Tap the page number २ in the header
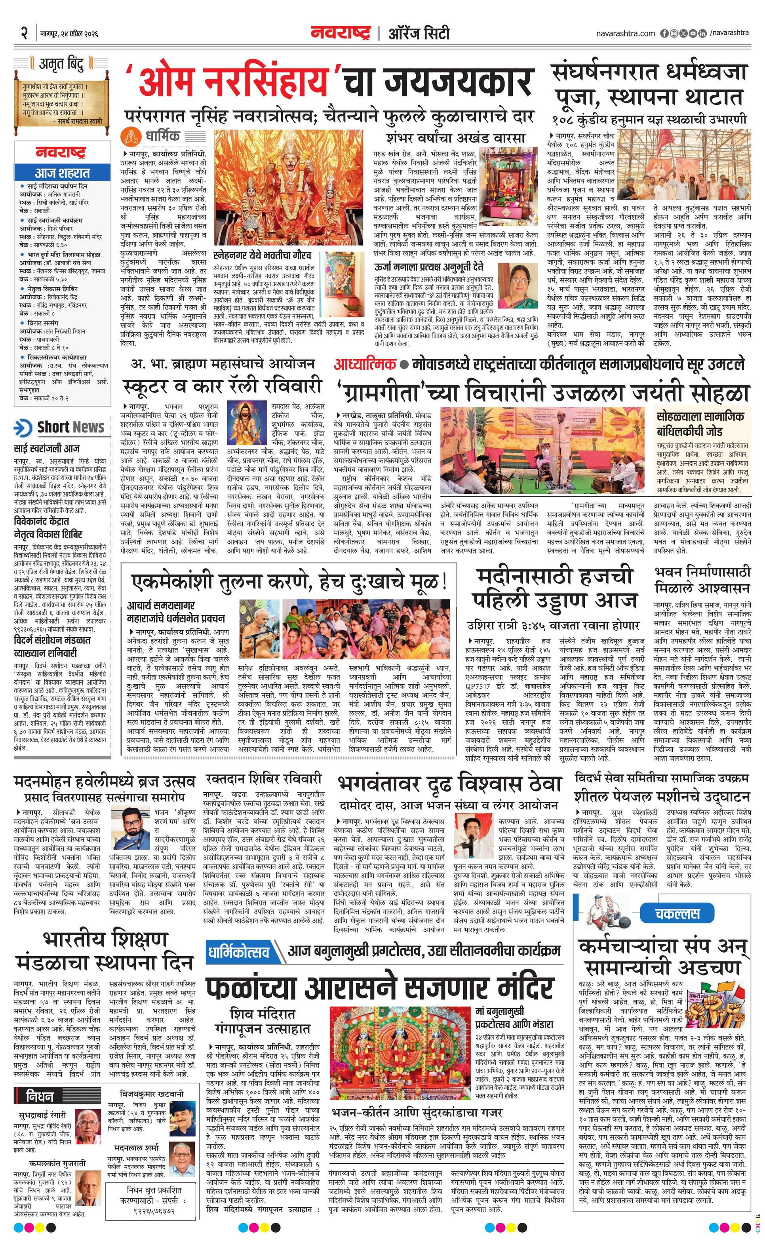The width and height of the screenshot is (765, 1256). coord(23,34)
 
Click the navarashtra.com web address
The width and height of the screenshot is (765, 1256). coord(625,34)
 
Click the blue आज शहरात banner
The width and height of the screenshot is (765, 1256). coord(62,173)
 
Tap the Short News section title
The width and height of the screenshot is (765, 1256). coord(70,427)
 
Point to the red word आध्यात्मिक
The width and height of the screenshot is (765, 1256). coord(365,364)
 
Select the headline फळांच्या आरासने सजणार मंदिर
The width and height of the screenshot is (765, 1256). coord(380,987)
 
